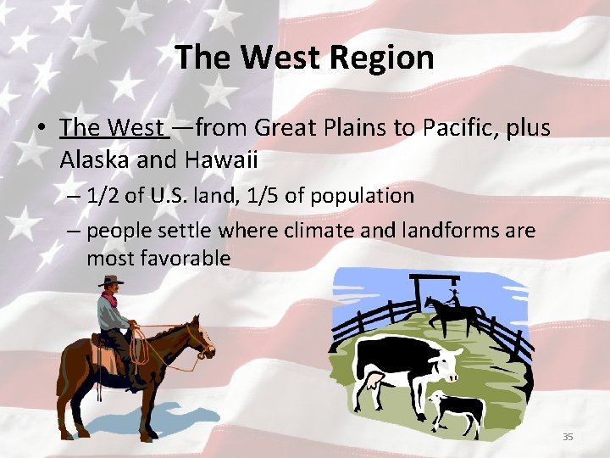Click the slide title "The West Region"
coord(304,58)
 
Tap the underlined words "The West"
coord(113,128)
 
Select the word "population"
coord(363,196)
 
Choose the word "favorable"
coord(188,259)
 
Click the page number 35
coord(568,437)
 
